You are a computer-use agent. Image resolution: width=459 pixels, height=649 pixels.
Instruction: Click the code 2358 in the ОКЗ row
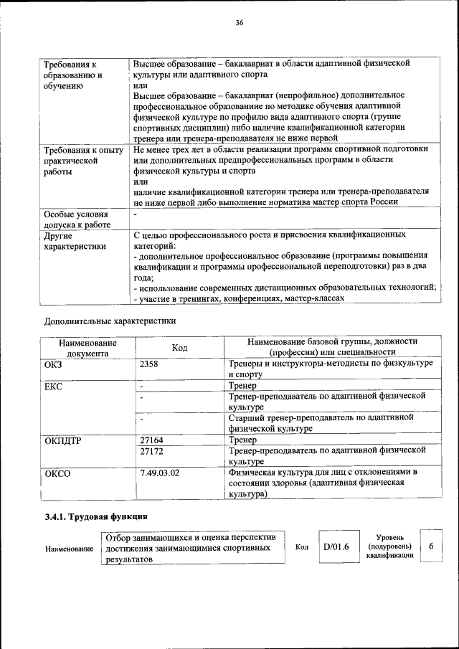149,364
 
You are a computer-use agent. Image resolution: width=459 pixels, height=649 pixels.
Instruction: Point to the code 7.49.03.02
161,473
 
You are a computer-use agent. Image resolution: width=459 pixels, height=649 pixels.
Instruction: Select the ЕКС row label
54,387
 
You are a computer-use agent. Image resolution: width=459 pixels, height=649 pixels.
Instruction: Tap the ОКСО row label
58,473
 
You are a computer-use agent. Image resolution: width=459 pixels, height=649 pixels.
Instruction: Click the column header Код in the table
180,348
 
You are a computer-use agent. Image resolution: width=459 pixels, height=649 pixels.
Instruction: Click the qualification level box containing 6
431,547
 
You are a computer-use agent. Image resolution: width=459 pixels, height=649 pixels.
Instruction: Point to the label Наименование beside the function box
70,549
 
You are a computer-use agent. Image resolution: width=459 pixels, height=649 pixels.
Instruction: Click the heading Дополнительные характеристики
110,321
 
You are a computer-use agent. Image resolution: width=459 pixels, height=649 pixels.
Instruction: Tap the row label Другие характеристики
75,241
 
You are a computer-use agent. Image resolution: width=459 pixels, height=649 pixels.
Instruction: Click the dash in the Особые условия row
136,214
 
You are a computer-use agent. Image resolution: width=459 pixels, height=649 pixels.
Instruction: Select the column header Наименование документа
88,348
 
